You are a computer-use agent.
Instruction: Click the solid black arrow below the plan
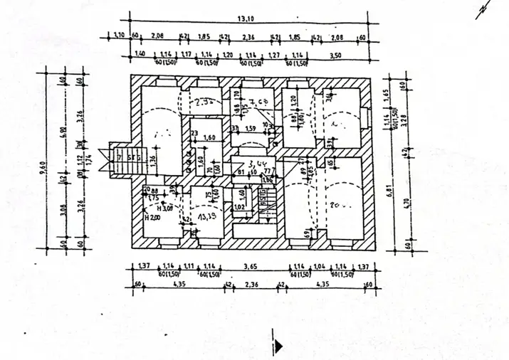pos(278,346)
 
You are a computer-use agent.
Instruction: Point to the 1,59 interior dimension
pos(250,129)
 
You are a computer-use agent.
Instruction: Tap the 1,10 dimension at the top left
pos(119,36)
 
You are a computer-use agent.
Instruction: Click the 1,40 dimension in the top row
pos(140,54)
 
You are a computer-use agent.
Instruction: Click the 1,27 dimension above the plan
pos(274,54)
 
